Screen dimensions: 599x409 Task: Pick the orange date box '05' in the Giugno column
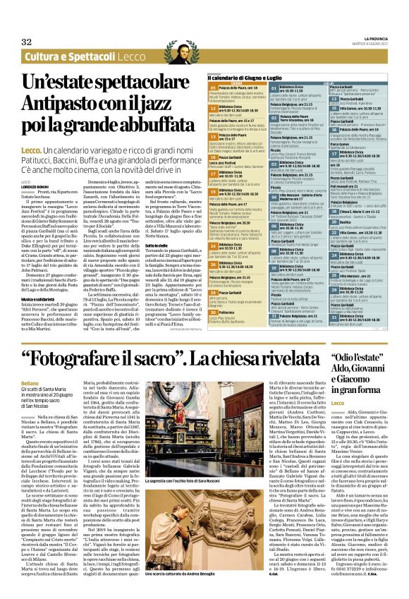coord(213,87)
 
